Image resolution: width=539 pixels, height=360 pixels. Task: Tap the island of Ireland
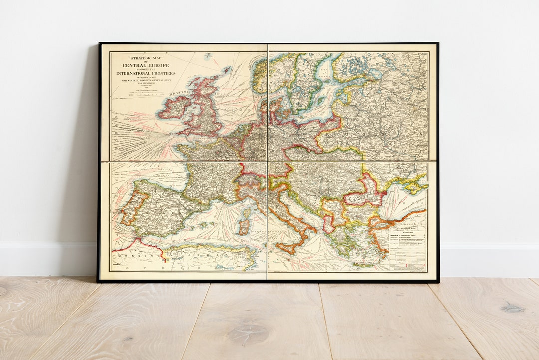tap(174, 107)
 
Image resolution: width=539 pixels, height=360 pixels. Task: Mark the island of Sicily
tap(286, 247)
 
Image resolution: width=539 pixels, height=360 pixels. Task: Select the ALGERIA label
tap(200, 259)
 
